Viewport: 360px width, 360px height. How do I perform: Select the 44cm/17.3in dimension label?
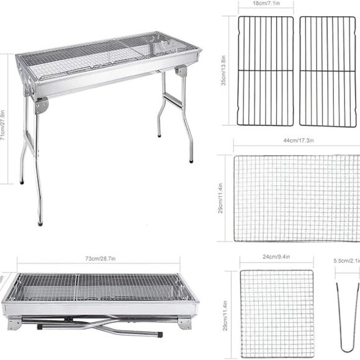point(297,142)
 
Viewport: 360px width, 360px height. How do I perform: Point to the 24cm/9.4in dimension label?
point(275,255)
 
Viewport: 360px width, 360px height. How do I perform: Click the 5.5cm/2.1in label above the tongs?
point(346,261)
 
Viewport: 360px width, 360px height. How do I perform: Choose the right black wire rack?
point(328,71)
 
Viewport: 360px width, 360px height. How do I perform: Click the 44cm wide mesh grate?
point(297,198)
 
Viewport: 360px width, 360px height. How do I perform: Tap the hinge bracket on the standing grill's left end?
point(41,105)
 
